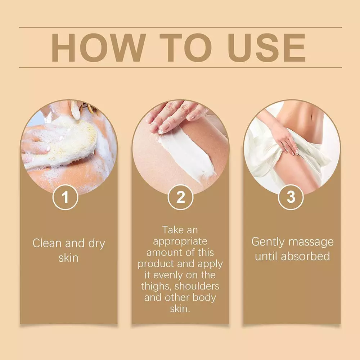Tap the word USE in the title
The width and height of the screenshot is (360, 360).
point(267,48)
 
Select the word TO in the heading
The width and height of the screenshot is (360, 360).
point(186,48)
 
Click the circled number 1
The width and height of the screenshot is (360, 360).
point(66,197)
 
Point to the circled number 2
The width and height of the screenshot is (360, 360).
point(180,197)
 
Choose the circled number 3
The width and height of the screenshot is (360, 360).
point(291,197)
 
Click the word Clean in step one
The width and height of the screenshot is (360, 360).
point(47,243)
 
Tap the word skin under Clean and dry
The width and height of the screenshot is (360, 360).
point(68,258)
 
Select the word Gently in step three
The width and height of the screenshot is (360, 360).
point(268,242)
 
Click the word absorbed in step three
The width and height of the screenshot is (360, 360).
point(305,256)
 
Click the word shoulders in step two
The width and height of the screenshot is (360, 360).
point(197,286)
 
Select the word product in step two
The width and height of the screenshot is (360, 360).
point(156,264)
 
